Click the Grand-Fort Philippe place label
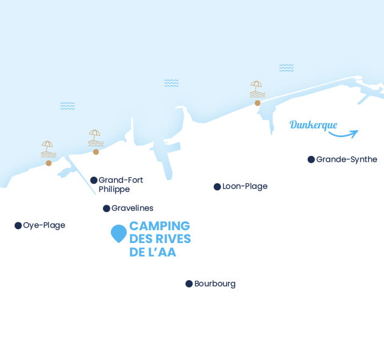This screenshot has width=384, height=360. coord(121,185)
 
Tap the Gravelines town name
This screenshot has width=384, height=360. coord(132,208)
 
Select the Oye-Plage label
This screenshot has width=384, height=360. coord(44,225)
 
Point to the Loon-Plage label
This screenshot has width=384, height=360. coord(245,186)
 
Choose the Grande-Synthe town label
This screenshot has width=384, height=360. coord(347,160)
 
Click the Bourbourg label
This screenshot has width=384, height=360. coord(215,284)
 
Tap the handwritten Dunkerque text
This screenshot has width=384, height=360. coord(313,125)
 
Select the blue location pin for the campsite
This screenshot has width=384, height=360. coord(118,233)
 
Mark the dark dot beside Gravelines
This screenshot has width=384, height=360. coord(107,208)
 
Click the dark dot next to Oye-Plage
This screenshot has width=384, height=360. coord(18,225)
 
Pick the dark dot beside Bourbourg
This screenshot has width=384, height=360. coord(189,284)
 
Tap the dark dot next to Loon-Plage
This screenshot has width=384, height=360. coord(217,186)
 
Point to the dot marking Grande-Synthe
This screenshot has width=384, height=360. coord(311,160)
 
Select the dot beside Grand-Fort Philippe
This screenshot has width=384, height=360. coord(94,180)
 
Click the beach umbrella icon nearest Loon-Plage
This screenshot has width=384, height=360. coord(257,89)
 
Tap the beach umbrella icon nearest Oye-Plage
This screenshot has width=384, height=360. coord(48,149)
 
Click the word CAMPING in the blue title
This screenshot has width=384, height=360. coord(160,226)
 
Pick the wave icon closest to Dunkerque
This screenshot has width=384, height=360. coord(286,68)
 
